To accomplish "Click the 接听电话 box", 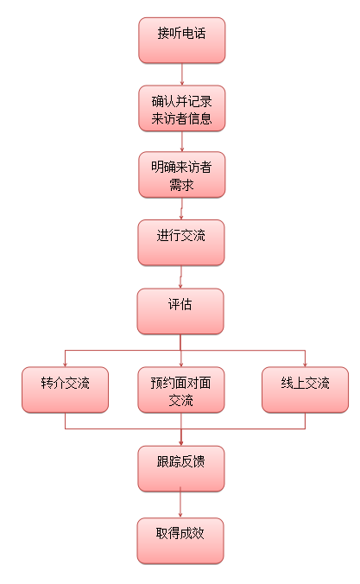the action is (181, 41).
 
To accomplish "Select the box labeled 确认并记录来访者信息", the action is (181, 108).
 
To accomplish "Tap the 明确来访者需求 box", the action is (181, 175).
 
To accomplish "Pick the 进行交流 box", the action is (181, 243).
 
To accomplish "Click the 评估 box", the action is (180, 311).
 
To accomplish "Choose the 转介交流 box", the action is (65, 390).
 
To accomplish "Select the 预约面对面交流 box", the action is (181, 390).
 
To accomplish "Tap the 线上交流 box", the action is (306, 390).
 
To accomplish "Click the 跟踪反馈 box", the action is (181, 468).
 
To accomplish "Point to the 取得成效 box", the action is (180, 541).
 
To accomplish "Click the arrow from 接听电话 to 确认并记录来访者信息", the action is (182, 74).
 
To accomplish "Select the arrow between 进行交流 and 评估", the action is (180, 276).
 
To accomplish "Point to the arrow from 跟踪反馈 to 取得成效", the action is (180, 502).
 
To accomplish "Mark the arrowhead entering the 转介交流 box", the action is (65, 365).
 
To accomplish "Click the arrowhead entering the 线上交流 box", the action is (306, 365).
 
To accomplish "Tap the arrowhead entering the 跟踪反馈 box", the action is (181, 443).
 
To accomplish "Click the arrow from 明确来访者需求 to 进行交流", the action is (181, 208).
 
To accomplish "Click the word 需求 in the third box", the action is (181, 184).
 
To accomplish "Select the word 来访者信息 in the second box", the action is (181, 118).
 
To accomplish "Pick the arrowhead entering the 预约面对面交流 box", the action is (181, 365).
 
